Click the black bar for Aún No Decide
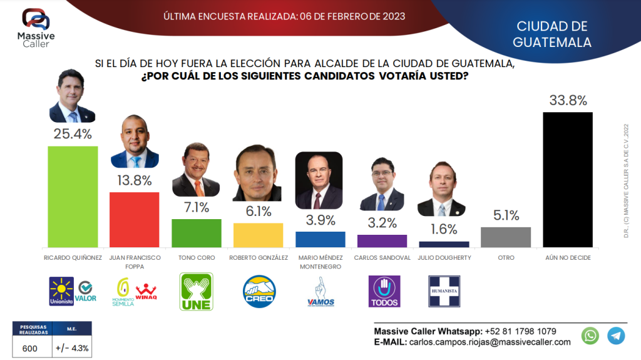click(567, 180)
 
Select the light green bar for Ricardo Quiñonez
click(73, 197)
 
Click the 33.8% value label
click(568, 101)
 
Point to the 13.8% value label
click(134, 182)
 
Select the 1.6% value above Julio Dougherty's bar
click(444, 229)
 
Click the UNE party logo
click(196, 291)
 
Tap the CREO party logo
click(259, 291)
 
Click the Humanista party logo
click(444, 291)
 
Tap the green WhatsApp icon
click(590, 336)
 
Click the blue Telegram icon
click(616, 336)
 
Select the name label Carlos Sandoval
click(382, 258)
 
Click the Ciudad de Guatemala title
click(552, 34)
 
